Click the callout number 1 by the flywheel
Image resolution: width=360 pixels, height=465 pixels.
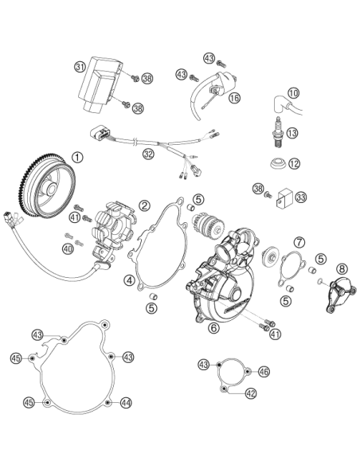click(77, 157)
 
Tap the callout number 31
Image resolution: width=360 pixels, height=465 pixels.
click(80, 67)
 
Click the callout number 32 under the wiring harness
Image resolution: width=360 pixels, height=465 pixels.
click(148, 154)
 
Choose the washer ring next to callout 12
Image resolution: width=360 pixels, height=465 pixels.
click(279, 163)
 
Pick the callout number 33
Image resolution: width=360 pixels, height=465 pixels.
click(301, 197)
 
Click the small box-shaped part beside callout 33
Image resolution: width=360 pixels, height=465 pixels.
click(285, 197)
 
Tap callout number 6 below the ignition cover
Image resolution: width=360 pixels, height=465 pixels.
click(214, 327)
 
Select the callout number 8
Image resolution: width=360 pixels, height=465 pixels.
click(342, 269)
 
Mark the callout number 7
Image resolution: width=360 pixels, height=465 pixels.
click(299, 243)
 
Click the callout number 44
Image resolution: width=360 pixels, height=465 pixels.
click(126, 403)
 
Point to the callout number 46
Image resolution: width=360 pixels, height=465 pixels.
click(264, 371)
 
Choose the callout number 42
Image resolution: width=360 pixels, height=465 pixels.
click(251, 393)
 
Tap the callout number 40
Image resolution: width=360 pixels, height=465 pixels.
click(68, 248)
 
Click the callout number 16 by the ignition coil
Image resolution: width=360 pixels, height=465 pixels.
click(234, 98)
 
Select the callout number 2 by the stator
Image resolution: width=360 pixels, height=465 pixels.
click(144, 205)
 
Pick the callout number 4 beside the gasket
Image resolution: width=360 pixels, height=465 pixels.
click(130, 280)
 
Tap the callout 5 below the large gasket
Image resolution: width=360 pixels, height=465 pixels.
click(151, 308)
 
